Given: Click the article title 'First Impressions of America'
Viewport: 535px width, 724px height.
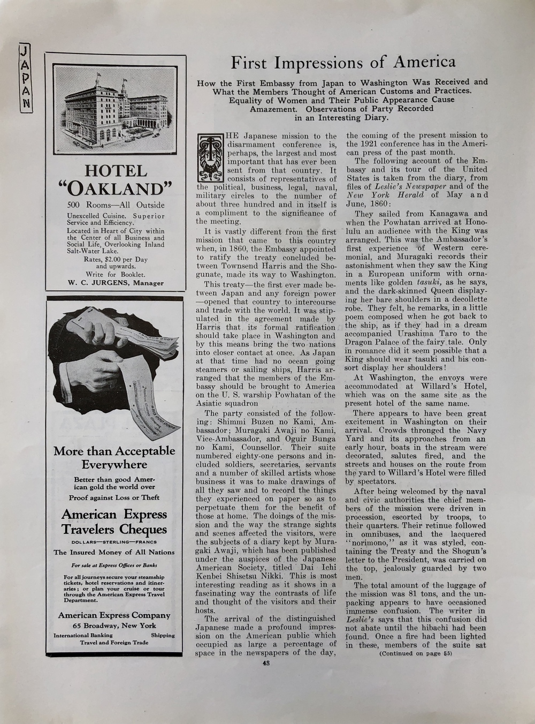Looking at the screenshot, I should [343, 63].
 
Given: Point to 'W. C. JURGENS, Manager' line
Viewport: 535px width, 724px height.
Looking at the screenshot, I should [116, 283].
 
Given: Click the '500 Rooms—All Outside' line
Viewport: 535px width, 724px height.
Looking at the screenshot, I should [116, 205].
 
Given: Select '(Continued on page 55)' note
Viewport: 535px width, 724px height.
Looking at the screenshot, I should [416, 653].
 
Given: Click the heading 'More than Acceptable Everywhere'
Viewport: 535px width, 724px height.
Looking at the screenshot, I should [114, 457].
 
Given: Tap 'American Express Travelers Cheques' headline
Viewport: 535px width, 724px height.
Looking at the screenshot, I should [114, 522].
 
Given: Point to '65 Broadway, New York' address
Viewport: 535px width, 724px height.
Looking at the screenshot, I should [114, 625].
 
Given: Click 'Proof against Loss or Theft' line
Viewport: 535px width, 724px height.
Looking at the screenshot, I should [114, 497].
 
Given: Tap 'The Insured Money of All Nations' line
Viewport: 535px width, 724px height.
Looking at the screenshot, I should [114, 552].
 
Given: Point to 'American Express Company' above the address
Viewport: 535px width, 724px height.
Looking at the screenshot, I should [114, 615].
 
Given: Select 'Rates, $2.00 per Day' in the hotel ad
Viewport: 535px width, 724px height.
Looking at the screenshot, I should [116, 259].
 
